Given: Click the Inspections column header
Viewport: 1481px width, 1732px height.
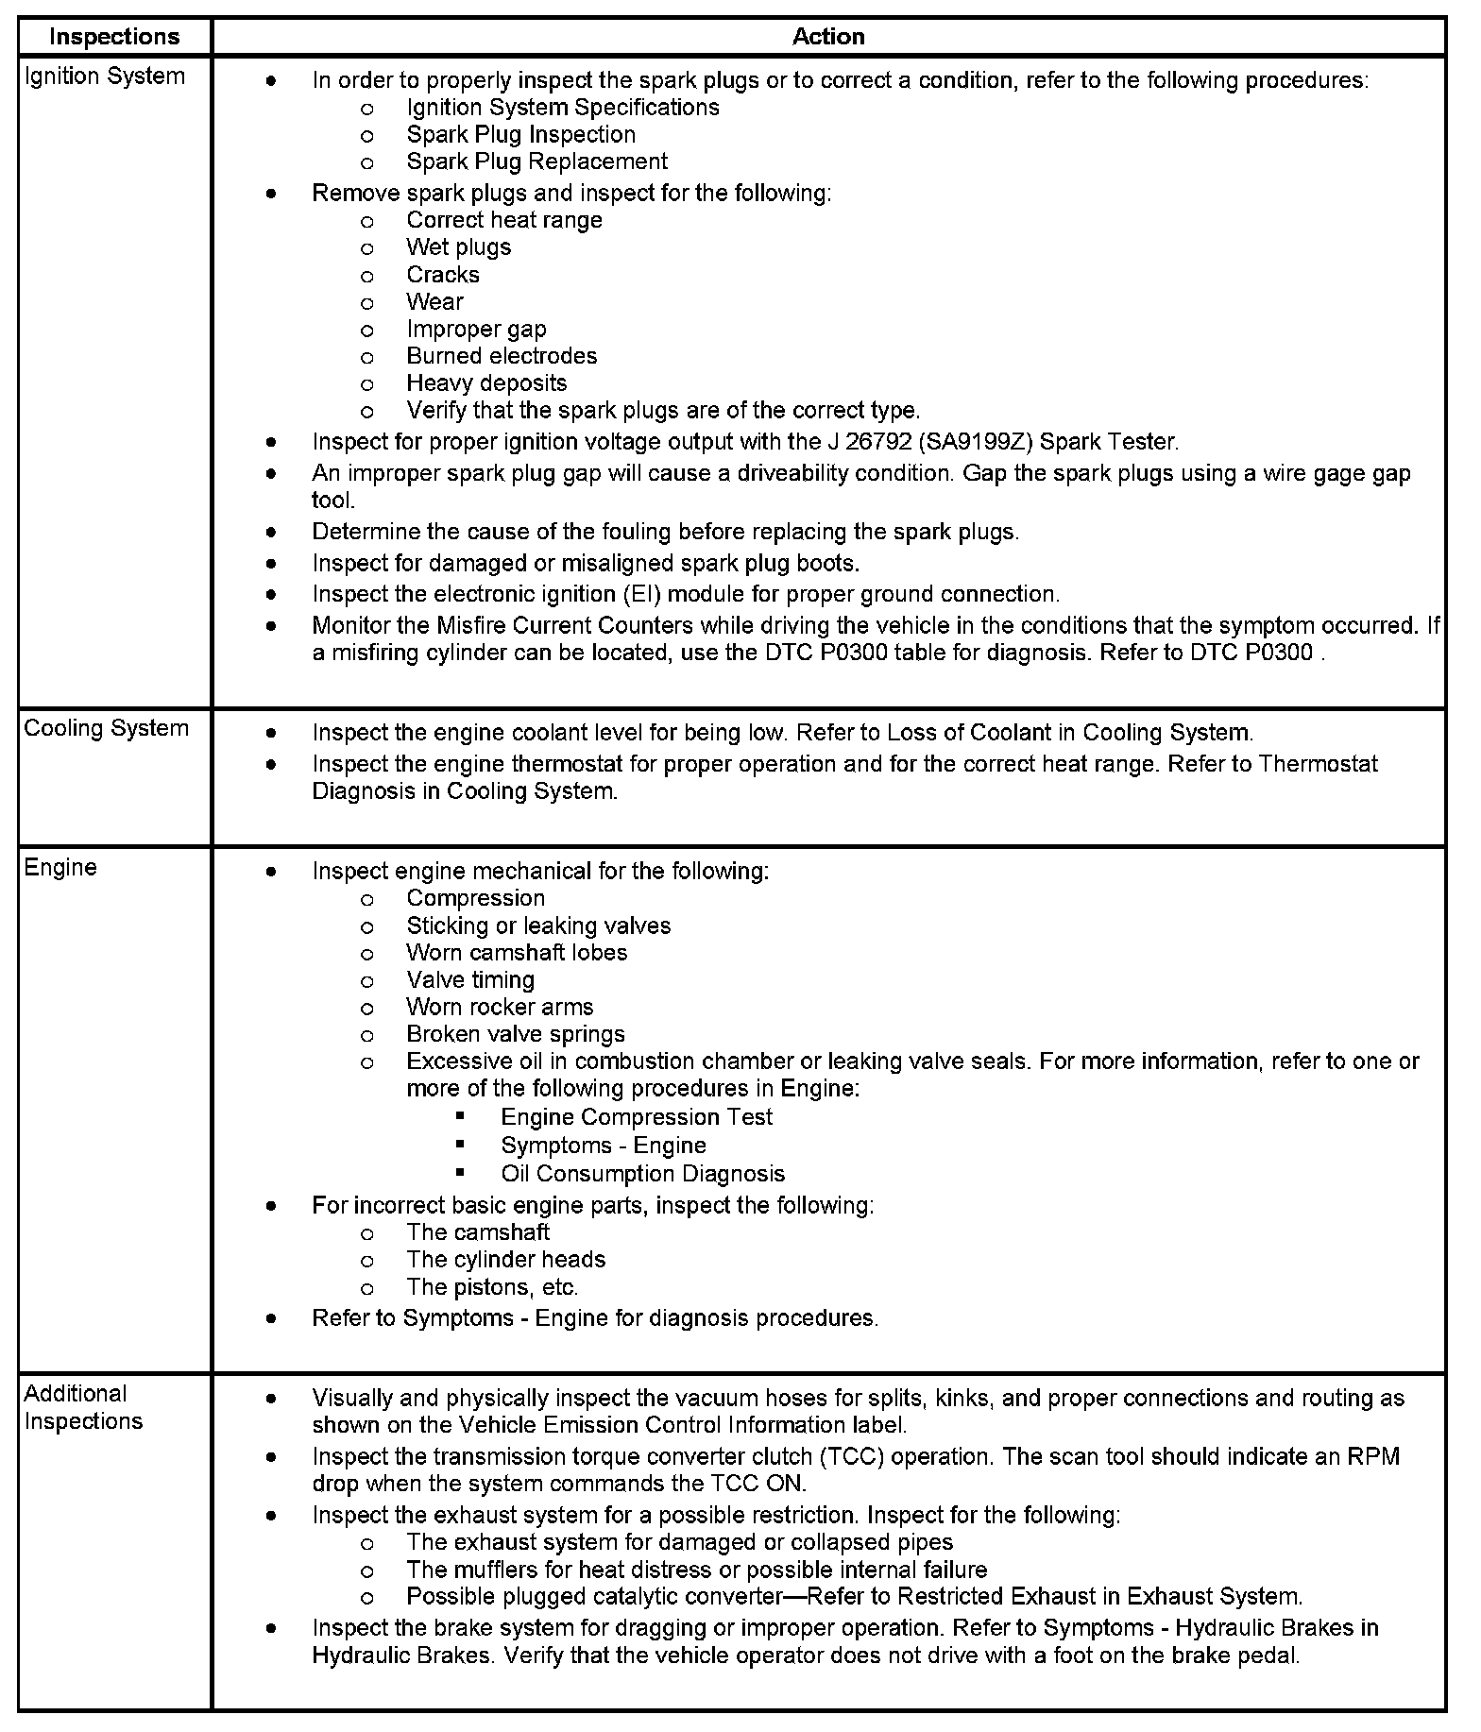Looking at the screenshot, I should [114, 37].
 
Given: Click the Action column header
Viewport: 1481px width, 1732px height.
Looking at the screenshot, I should [828, 37].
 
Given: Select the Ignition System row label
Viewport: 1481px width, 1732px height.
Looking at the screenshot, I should [105, 76].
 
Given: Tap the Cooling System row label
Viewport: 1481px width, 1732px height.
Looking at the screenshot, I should [106, 729].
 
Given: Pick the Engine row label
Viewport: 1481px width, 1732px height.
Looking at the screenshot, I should [60, 868].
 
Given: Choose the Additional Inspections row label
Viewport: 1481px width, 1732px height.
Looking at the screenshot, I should [83, 1407].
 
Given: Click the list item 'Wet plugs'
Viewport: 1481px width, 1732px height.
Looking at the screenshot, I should [458, 247].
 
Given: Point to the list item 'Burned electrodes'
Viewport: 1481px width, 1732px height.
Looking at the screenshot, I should [502, 356].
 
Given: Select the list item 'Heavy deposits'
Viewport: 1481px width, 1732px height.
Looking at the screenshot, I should [486, 383].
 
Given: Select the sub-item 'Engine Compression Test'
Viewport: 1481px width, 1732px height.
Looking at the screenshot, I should [637, 1117].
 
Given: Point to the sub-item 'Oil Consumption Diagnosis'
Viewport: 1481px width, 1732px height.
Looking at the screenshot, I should [643, 1174].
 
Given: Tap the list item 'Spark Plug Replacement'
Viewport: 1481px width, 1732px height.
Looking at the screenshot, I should [536, 161].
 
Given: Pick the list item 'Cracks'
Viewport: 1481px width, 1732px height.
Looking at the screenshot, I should [443, 275].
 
